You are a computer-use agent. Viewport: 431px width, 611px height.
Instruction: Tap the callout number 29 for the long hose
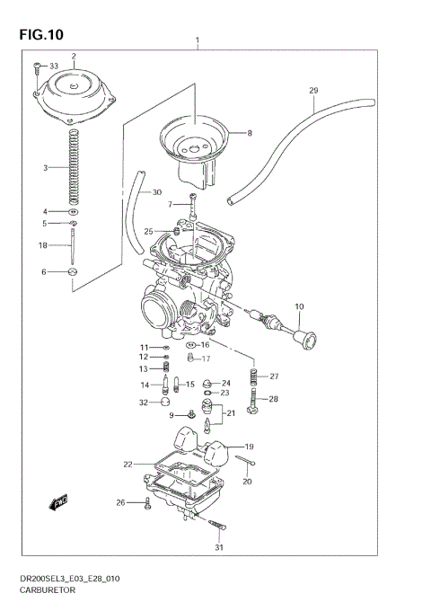(313, 90)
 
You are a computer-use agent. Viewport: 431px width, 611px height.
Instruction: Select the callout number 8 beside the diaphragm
(249, 133)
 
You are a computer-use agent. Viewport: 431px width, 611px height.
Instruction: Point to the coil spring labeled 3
(73, 165)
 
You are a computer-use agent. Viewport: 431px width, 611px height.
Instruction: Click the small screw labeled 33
(36, 66)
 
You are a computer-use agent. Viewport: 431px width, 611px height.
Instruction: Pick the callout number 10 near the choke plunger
(300, 306)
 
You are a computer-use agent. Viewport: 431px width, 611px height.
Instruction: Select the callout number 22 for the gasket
(128, 464)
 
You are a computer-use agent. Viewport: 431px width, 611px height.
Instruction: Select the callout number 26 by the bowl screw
(121, 502)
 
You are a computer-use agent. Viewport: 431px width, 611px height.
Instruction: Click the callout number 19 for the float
(249, 447)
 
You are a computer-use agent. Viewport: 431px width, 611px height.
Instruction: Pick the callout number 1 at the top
(198, 41)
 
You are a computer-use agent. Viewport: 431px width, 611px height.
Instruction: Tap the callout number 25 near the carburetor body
(148, 231)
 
